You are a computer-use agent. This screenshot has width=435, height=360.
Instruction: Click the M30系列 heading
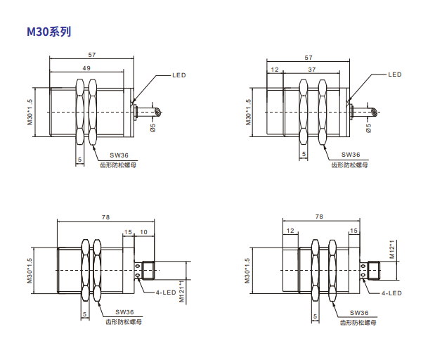(x=48, y=32)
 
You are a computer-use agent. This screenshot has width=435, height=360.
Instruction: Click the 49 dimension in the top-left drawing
(x=86, y=68)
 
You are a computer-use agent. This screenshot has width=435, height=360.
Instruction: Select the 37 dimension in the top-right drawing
(x=312, y=70)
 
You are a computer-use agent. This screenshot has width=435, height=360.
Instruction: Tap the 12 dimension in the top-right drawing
(x=275, y=70)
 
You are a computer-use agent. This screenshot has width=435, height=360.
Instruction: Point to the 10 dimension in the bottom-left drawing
(x=143, y=232)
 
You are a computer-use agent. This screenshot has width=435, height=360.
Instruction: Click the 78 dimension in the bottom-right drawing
(x=319, y=217)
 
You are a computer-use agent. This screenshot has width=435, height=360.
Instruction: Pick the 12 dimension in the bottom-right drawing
(x=290, y=231)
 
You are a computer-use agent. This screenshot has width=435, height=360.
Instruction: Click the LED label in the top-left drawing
(x=179, y=75)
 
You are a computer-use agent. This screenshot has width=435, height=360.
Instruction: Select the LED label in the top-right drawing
(x=395, y=75)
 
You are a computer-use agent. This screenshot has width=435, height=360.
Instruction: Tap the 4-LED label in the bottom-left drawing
(x=166, y=292)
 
